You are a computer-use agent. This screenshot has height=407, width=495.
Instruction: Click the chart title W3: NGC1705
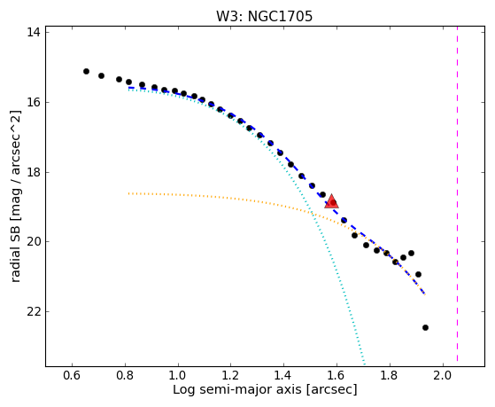tap(264, 16)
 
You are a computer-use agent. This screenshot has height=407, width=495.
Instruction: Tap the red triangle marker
tap(331, 202)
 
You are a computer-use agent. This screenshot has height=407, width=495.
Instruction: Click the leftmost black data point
tap(86, 72)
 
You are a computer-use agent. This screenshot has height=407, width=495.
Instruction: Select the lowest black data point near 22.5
tap(425, 327)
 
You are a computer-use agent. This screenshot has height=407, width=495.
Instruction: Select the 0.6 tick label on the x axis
tap(72, 376)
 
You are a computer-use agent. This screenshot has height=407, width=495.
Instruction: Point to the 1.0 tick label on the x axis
tap(178, 376)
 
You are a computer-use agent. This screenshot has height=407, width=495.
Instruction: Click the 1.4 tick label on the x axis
tap(283, 376)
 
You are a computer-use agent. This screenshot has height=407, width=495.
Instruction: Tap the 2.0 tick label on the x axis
tap(443, 376)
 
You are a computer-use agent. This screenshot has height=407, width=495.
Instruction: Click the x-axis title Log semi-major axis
tap(237, 389)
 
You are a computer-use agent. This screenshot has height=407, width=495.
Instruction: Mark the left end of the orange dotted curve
tap(128, 193)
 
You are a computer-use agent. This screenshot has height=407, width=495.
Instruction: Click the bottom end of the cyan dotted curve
tap(364, 364)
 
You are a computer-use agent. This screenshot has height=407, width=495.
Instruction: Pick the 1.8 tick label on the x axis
tap(390, 376)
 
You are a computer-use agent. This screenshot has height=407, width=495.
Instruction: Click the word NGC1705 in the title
tap(280, 16)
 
